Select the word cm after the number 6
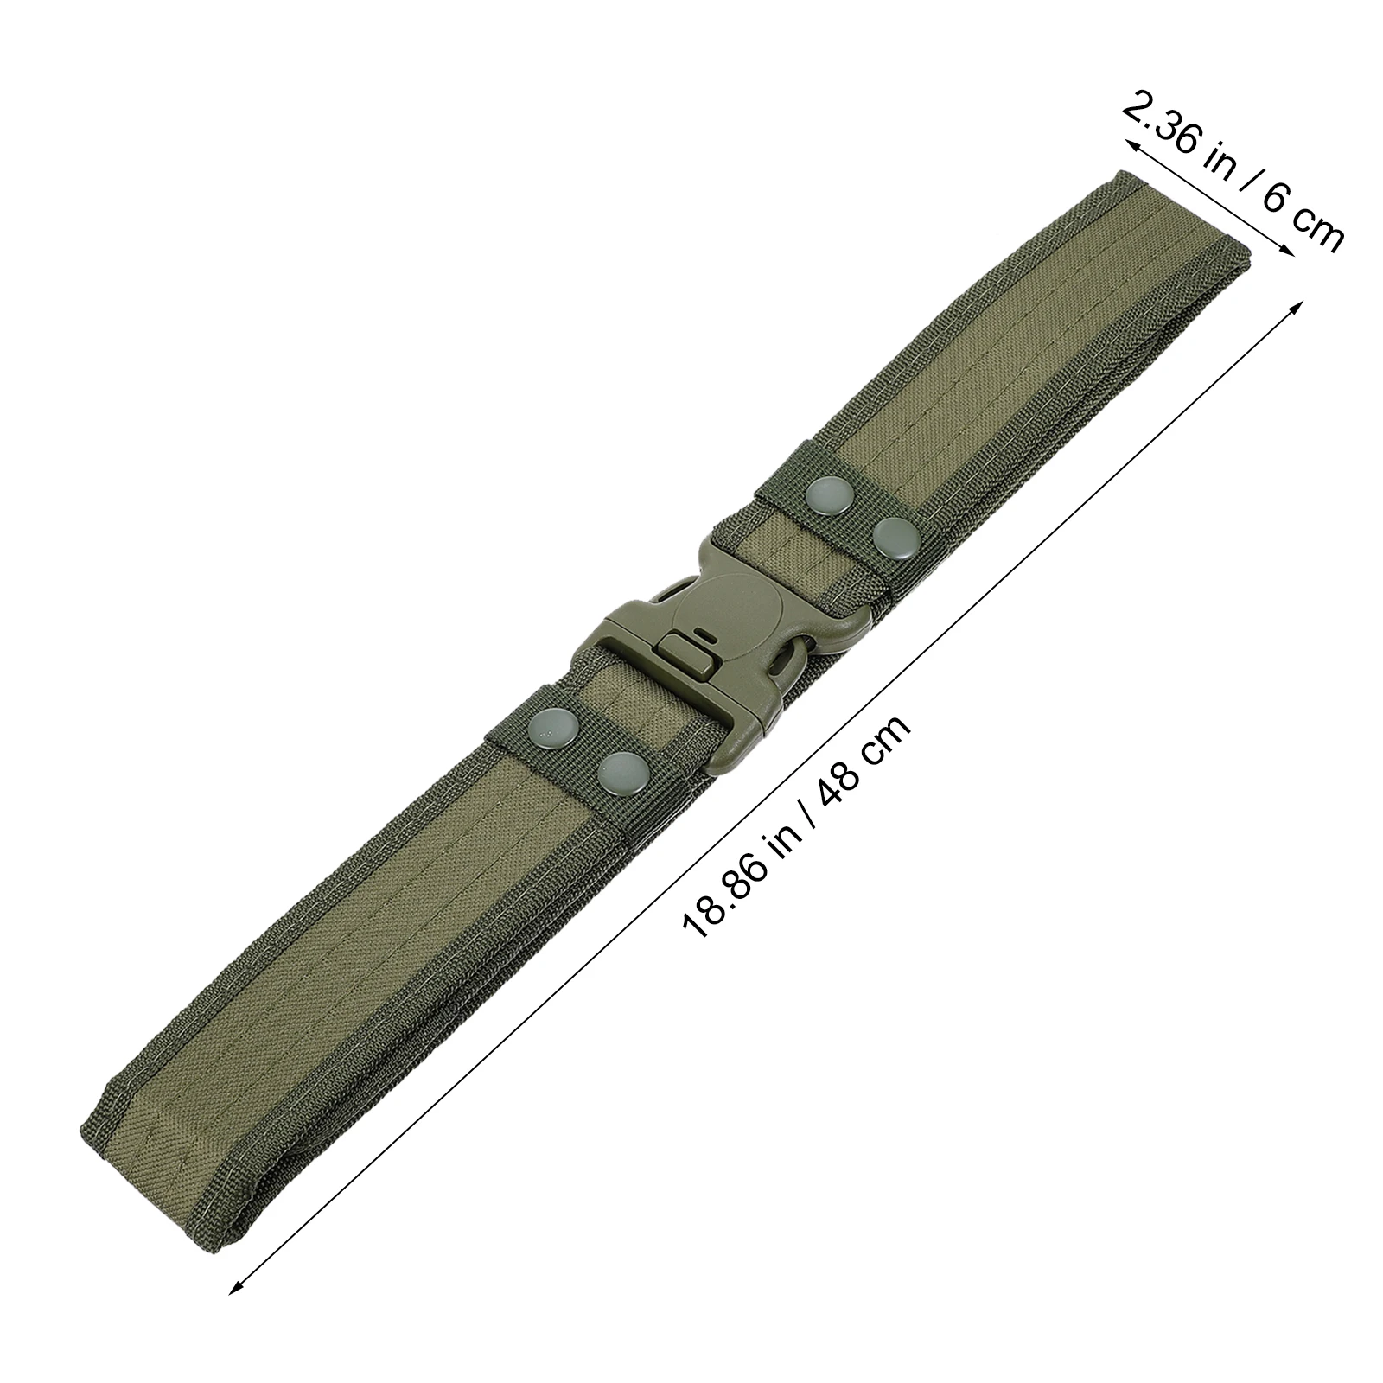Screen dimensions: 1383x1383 tap(1315, 228)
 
